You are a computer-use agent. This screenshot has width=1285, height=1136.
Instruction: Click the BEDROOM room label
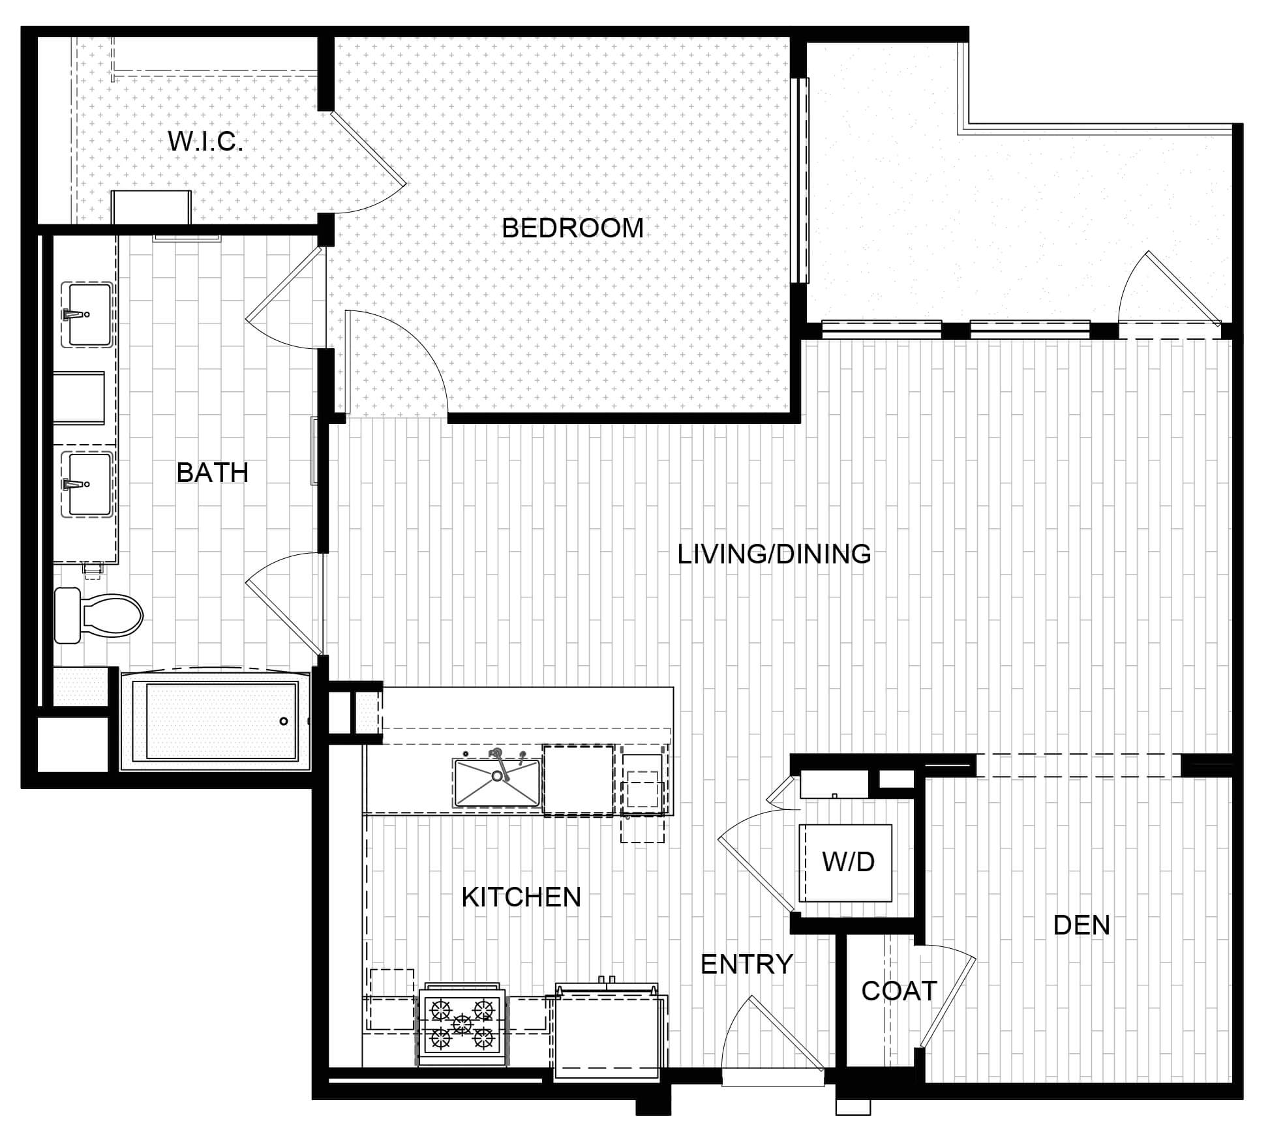[x=572, y=228]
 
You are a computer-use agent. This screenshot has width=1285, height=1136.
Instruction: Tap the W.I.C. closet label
[x=205, y=142]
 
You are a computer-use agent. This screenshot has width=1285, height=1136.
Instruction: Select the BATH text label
[x=213, y=473]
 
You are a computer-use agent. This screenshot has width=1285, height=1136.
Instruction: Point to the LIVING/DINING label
[x=774, y=554]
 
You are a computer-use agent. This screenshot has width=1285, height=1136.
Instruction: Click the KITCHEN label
[x=521, y=897]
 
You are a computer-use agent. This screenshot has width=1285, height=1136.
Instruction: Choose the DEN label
[x=1081, y=925]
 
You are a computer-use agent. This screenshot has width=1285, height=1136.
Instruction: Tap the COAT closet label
[x=899, y=991]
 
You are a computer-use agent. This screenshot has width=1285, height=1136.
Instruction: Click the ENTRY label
[x=746, y=964]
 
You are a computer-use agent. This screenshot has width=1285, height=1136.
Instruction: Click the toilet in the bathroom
[x=98, y=615]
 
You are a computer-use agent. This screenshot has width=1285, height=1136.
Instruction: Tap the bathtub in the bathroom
[x=216, y=719]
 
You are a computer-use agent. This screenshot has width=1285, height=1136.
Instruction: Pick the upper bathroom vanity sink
[x=87, y=314]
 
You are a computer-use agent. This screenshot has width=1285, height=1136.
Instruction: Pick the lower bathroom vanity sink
[x=87, y=485]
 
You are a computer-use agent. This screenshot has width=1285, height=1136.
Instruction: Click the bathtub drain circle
[x=284, y=721]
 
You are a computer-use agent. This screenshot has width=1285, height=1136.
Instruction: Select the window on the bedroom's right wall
[x=800, y=181]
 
